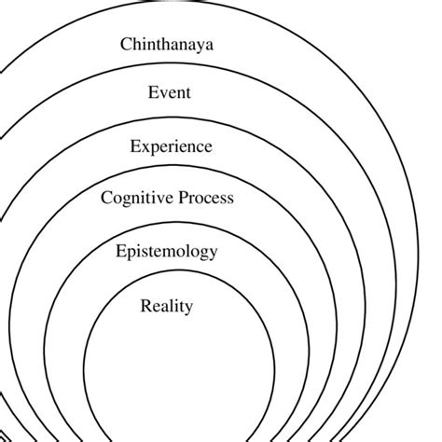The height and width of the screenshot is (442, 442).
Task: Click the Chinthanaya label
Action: tap(167, 43)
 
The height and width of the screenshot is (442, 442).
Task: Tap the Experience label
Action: tap(171, 146)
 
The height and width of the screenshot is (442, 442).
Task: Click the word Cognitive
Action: tap(135, 198)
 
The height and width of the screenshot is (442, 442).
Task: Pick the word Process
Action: tap(204, 198)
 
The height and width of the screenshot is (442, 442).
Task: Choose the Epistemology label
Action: tap(167, 252)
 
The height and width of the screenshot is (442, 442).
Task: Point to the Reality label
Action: tap(167, 306)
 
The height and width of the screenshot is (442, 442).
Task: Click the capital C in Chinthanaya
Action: tap(127, 43)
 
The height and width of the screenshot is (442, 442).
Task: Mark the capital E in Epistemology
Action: tap(121, 251)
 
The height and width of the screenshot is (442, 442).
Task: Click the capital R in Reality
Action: tap(145, 305)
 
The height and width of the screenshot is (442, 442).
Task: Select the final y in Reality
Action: tap(189, 308)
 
